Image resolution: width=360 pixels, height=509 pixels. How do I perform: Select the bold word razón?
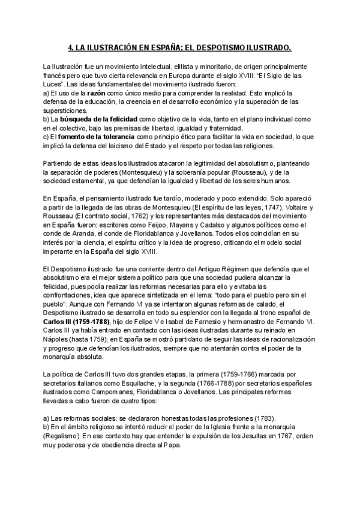click(97, 94)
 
